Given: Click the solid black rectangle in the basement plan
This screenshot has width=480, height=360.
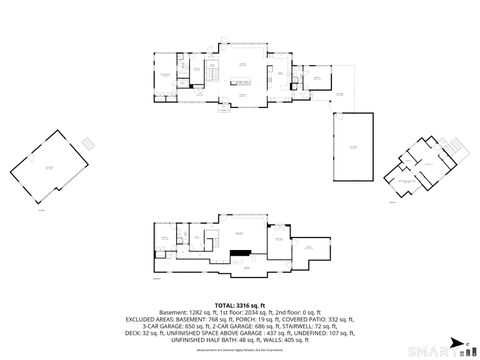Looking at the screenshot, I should pos(238,253).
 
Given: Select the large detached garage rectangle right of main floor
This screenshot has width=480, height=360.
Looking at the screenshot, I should pos(353,146).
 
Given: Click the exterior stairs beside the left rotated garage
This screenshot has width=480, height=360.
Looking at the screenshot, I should pos(88,143).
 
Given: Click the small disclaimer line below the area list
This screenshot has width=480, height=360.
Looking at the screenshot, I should pos(240,351).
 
